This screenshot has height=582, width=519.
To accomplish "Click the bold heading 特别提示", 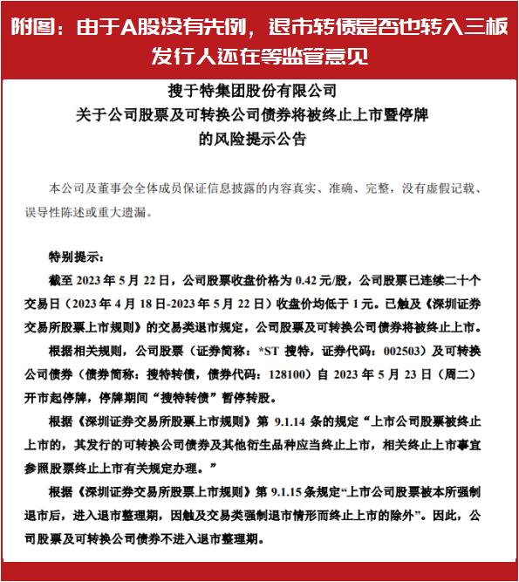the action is [76, 258].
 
